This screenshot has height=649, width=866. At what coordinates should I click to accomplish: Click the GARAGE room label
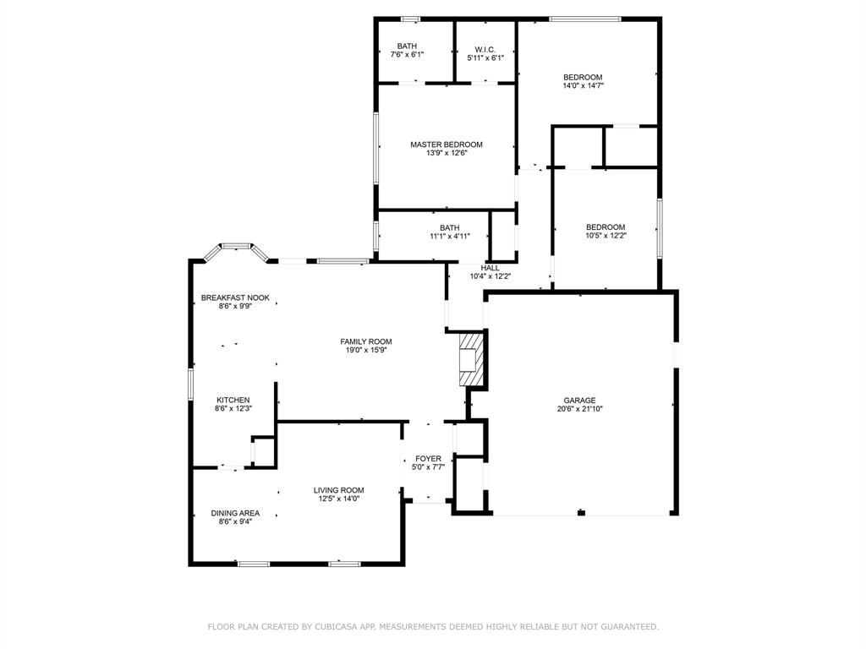579,400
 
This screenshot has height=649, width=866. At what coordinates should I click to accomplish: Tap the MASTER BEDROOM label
447,145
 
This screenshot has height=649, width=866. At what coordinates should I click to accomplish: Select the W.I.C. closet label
485,50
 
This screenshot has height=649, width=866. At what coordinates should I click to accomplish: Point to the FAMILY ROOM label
365,341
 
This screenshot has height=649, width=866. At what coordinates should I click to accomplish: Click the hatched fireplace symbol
471,358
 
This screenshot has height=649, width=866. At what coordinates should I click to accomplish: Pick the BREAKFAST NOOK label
235,297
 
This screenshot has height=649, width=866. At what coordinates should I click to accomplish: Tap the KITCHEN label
233,400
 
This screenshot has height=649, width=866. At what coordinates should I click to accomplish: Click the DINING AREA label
235,513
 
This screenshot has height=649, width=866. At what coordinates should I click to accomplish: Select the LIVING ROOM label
338,490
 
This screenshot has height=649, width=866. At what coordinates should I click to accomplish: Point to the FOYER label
428,459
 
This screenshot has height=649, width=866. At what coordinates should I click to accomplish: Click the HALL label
490,268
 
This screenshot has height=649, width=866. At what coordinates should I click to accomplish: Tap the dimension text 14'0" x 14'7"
583,85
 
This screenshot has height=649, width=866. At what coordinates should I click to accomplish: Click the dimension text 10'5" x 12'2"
606,236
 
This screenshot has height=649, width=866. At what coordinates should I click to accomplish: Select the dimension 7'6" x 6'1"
407,55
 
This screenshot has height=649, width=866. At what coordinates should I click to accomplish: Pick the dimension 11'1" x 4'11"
450,237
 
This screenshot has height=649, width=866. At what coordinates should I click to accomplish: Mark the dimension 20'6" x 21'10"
580,409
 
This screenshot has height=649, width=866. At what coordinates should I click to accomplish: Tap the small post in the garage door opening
581,513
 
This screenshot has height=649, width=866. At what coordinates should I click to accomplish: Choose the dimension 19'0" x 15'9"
365,350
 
